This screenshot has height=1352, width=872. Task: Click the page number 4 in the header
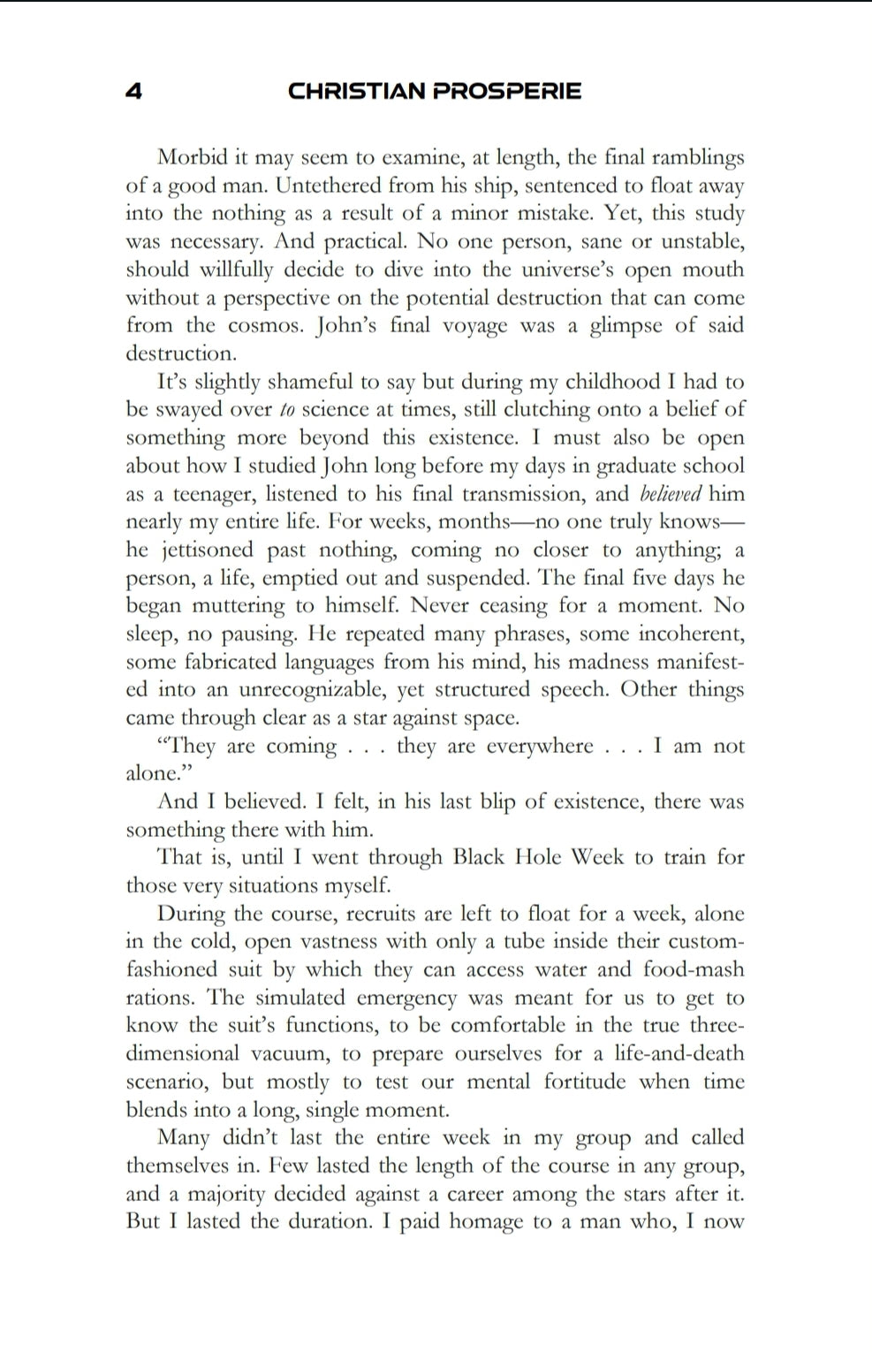click(x=134, y=91)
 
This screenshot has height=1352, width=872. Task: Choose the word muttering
click(x=232, y=606)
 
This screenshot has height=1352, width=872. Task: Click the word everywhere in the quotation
click(x=540, y=746)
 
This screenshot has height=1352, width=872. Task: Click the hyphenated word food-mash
click(x=694, y=969)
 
